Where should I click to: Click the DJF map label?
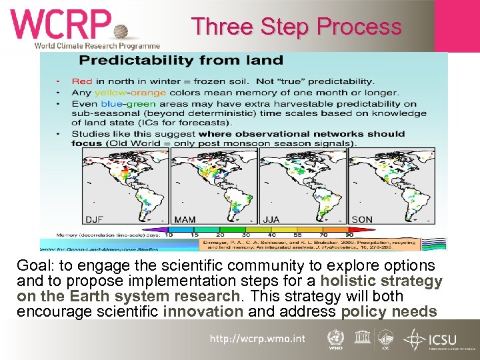[95, 219]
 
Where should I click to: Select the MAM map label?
[185, 219]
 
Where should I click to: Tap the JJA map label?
[272, 219]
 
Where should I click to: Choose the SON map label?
[362, 219]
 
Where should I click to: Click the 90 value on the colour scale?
[349, 235]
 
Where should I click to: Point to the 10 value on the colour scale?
[169, 235]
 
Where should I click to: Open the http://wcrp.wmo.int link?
[257, 339]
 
